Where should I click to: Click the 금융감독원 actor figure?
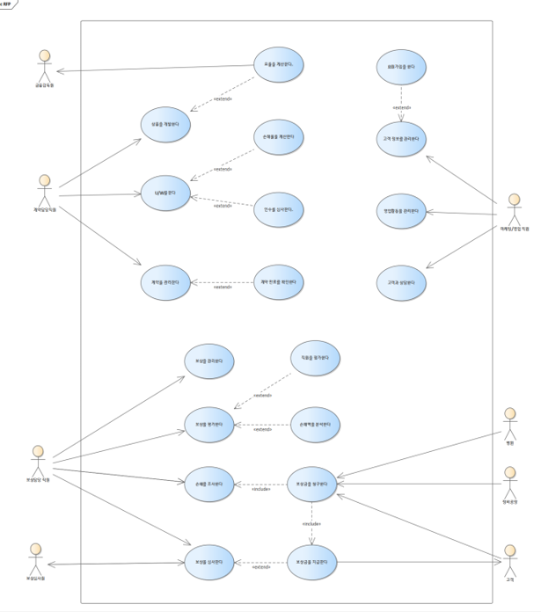click(42, 62)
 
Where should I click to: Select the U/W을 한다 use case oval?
click(166, 193)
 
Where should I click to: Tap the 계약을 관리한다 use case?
click(166, 283)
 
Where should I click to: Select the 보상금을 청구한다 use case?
click(312, 484)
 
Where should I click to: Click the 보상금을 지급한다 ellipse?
click(312, 561)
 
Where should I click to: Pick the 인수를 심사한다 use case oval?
click(278, 209)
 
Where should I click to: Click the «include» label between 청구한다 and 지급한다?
click(312, 524)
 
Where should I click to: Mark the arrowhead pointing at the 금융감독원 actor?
click(59, 72)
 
